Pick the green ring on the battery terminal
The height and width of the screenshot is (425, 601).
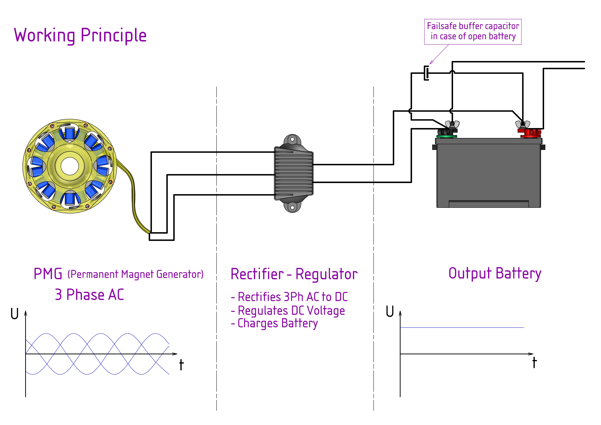447,136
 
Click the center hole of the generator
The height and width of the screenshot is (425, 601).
70,166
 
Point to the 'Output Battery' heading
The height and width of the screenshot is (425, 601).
495,274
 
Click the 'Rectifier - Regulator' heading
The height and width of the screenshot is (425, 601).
294,274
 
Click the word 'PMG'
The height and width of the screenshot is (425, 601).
48,274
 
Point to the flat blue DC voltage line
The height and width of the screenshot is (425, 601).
462,328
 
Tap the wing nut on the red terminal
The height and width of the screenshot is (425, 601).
523,124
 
